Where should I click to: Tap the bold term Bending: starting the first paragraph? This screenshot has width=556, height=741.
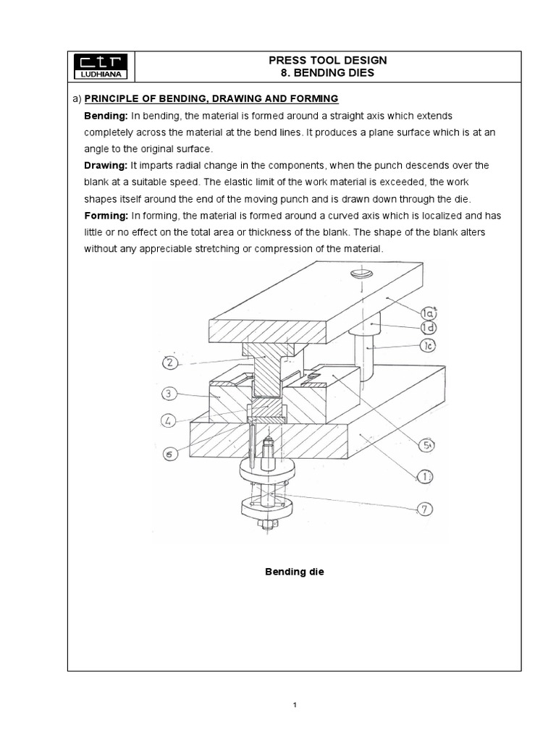click(106, 116)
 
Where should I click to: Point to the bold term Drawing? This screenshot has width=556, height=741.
click(106, 166)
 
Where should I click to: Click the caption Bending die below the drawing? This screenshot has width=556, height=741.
click(294, 572)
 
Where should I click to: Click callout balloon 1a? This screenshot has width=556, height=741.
click(429, 312)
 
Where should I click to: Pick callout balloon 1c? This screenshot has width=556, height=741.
click(428, 346)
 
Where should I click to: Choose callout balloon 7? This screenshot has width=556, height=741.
click(426, 509)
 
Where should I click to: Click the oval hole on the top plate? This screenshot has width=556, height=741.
click(361, 274)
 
